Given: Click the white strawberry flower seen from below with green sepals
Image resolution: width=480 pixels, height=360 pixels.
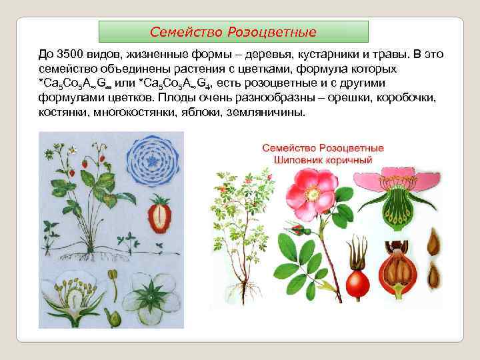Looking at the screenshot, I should (x=152, y=295).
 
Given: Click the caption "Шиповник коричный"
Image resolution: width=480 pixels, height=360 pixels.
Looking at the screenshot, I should (x=322, y=161).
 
